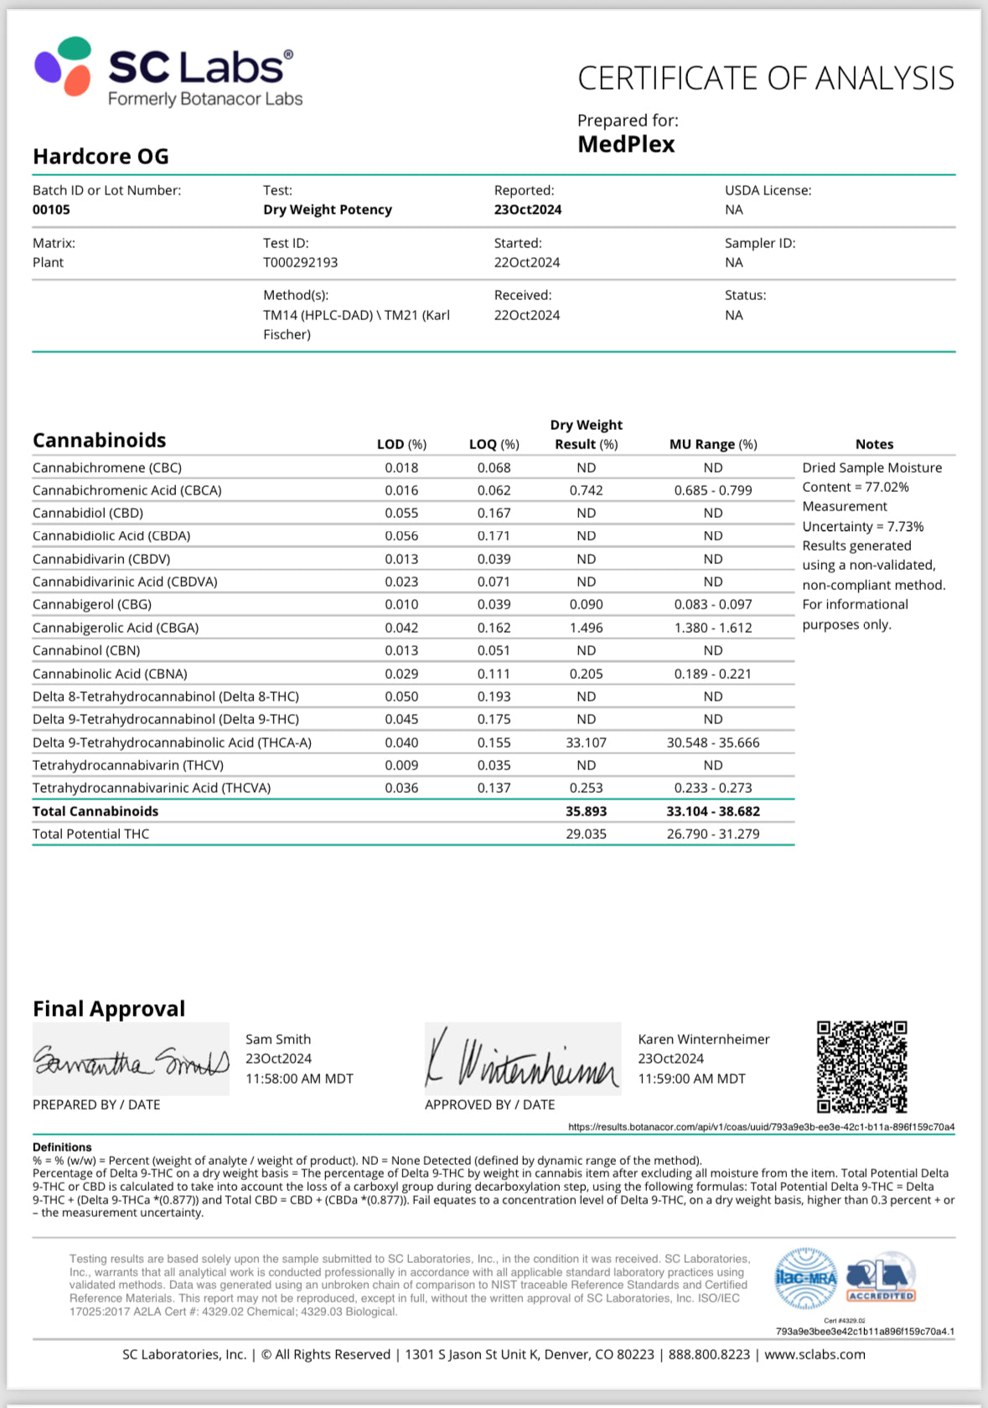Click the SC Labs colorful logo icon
tap(63, 65)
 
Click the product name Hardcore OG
tap(101, 157)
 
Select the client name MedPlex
tap(626, 144)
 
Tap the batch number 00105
tap(51, 210)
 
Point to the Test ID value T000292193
tap(300, 262)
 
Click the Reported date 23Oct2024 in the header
tap(527, 210)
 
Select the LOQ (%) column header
tap(494, 444)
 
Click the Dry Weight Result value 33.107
tap(586, 743)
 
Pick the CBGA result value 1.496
tap(586, 628)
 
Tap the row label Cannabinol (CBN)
tap(86, 650)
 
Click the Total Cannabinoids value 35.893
tap(586, 811)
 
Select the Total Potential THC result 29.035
tap(586, 834)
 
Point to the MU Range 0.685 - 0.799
tap(713, 490)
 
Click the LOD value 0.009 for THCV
tap(401, 765)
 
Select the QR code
tap(861, 1066)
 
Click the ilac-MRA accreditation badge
tap(805, 1278)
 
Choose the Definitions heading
tap(62, 1147)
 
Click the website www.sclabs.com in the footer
tap(815, 1354)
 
